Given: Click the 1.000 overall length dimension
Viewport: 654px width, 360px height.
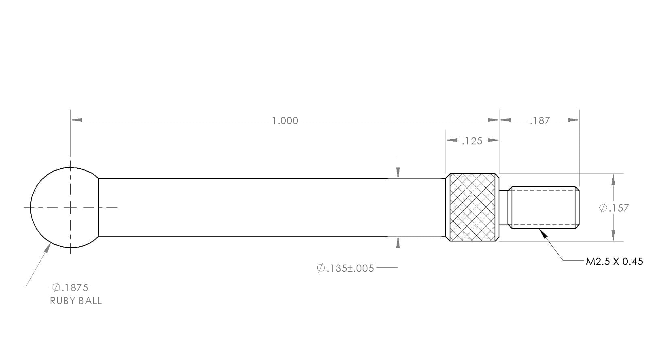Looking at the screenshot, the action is pyautogui.click(x=285, y=121).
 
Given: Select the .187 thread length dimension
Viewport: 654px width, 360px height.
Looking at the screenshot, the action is pyautogui.click(x=540, y=121).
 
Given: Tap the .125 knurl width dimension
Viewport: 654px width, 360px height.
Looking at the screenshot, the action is pyautogui.click(x=472, y=141).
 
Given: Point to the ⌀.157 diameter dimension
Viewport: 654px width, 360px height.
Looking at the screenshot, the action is pyautogui.click(x=614, y=208).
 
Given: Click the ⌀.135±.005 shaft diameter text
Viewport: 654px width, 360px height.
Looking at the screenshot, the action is pyautogui.click(x=345, y=268).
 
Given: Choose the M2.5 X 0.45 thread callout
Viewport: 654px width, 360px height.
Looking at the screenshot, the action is pyautogui.click(x=614, y=261).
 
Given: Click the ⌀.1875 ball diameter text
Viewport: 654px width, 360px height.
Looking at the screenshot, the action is pyautogui.click(x=70, y=288).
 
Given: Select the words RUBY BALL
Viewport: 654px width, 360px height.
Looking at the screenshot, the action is pyautogui.click(x=76, y=301).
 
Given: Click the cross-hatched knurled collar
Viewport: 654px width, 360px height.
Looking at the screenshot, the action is pyautogui.click(x=472, y=208).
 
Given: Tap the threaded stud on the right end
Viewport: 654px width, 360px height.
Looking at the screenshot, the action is pyautogui.click(x=544, y=208).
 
